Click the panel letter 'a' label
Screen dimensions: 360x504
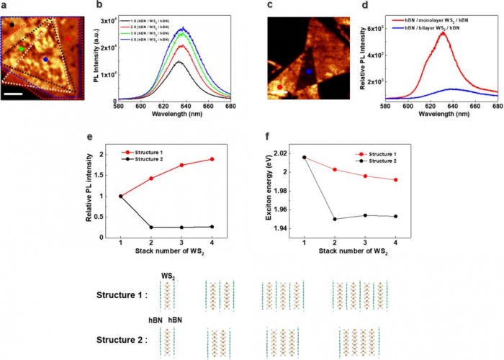point(4,5)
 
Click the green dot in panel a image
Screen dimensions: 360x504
point(22,48)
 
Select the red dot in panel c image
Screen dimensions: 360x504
point(280,86)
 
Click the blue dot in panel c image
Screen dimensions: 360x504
point(308,72)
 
